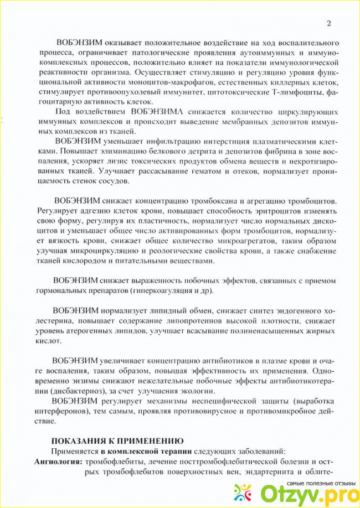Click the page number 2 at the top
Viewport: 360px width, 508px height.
[x=329, y=23]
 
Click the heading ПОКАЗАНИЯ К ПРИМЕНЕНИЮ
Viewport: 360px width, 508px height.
[x=117, y=440]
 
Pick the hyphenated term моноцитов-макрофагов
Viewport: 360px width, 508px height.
[x=140, y=81]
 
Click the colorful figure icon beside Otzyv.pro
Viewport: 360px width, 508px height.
[x=245, y=493]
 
